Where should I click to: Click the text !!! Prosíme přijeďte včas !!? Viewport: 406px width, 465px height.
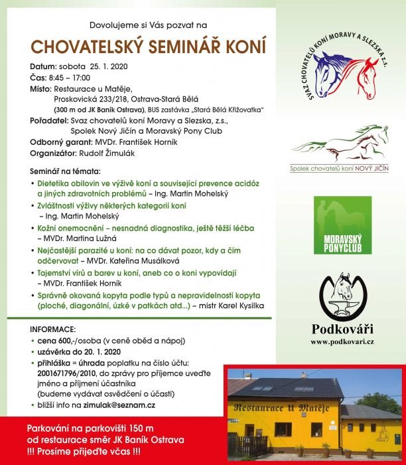(x=82, y=451)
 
